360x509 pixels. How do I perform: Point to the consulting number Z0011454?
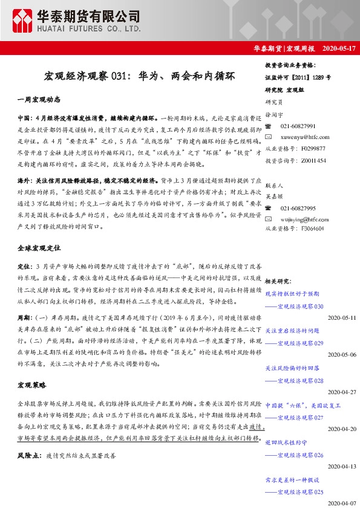(312, 161)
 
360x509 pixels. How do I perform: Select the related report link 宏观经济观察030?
(299, 306)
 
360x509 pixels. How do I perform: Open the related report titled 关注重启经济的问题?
(292, 331)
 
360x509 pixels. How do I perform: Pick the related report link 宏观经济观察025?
(299, 492)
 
